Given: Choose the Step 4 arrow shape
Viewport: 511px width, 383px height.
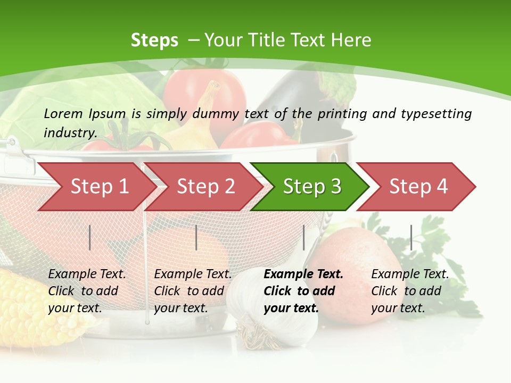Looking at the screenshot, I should [x=417, y=187].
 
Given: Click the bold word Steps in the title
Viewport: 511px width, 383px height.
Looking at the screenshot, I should [x=154, y=40].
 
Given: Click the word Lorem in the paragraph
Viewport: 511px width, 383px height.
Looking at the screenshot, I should [x=63, y=113].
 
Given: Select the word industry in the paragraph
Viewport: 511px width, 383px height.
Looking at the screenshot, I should [x=70, y=132].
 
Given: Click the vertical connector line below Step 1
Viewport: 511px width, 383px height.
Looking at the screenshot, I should [x=90, y=237].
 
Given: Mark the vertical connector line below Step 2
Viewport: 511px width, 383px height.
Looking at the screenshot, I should [x=196, y=237].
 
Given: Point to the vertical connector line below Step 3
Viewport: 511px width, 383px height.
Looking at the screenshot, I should [x=303, y=237].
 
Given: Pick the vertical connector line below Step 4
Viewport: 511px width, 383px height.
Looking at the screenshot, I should [x=411, y=237].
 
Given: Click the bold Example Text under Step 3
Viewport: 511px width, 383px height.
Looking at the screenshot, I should [x=303, y=274].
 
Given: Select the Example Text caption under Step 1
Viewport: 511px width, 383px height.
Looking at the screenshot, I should [x=87, y=274].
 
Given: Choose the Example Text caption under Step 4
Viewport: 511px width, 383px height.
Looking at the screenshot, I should [x=410, y=274].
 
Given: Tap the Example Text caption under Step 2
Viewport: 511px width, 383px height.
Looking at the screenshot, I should [x=193, y=274].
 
